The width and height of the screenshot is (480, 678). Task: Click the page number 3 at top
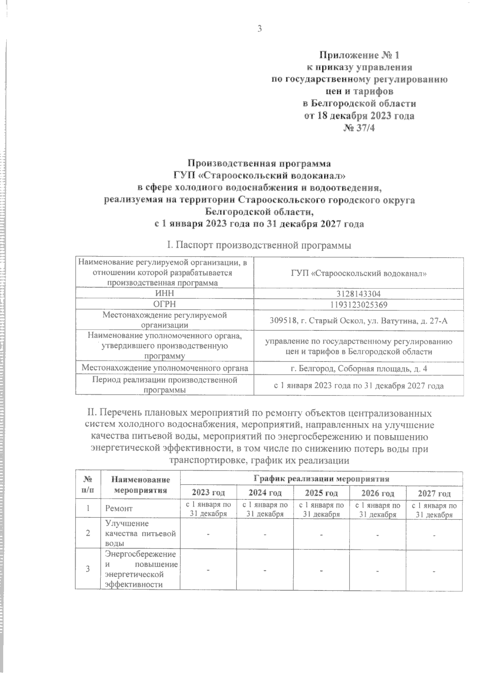pos(259,29)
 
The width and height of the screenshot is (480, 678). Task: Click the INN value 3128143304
pos(358,294)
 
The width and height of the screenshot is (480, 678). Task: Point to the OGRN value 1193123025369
pos(358,304)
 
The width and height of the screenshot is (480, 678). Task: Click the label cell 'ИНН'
pos(165,294)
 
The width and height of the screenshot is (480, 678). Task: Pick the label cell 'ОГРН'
pos(165,304)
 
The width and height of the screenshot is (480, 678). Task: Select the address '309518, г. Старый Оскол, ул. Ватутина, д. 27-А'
pos(358,320)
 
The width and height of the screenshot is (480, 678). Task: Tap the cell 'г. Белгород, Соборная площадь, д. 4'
pos(358,368)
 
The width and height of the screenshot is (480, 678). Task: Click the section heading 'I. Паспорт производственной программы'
pos(259,245)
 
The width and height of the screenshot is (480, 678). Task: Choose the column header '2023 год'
pos(208,492)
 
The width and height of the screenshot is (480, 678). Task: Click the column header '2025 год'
pos(321,492)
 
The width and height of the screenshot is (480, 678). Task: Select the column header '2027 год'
pos(434,492)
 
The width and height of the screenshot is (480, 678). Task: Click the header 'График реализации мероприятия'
pos(321,478)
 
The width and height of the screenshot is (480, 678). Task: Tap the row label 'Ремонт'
pos(119,509)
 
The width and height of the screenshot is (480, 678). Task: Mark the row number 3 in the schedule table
pos(88,569)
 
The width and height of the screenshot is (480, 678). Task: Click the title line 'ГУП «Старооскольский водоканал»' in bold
pos(259,175)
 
